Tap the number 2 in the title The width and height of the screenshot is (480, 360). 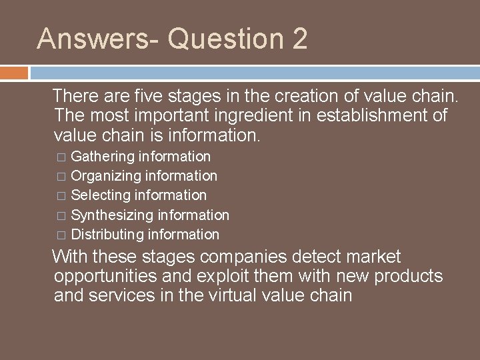299,39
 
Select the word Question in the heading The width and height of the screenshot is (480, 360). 226,39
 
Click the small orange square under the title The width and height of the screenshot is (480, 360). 14,72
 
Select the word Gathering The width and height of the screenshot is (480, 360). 102,157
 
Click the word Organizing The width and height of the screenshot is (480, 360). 105,176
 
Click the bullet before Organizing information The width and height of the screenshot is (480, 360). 61,177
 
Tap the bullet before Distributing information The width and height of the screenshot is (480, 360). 61,235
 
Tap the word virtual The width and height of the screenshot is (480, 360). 249,295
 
